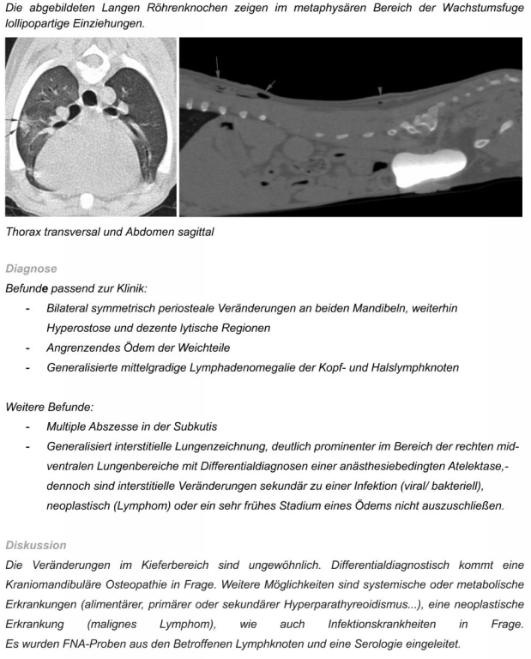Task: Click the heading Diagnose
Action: (x=31, y=269)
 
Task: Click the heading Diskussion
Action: (x=35, y=544)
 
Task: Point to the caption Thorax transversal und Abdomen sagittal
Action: (x=109, y=231)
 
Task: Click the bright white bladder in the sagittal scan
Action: (x=429, y=164)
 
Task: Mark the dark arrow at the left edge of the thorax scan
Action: (x=11, y=124)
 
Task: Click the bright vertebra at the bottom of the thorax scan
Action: (x=87, y=202)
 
